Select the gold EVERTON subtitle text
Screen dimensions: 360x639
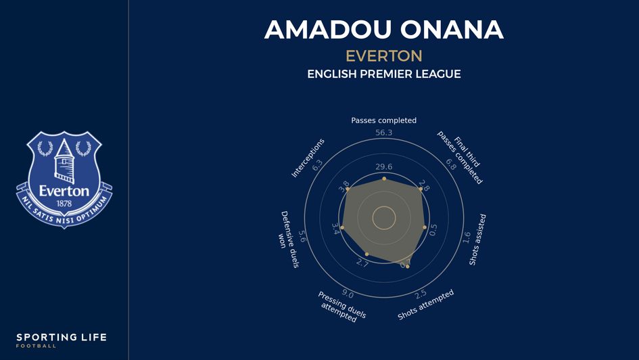tap(383, 55)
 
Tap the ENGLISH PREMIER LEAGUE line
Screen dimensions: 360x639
tap(383, 74)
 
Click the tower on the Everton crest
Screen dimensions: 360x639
tap(64, 157)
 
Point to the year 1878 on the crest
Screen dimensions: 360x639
tap(64, 203)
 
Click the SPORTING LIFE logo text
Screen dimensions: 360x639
tap(62, 337)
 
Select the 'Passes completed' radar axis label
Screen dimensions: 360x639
tap(383, 120)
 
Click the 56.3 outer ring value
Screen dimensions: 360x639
tap(383, 133)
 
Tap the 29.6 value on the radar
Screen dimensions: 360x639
tap(383, 167)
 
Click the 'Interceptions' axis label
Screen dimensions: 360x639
tap(308, 158)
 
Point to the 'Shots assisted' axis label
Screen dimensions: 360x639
tap(478, 240)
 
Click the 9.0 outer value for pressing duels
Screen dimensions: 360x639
tap(348, 294)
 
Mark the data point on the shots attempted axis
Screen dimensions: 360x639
tap(407, 267)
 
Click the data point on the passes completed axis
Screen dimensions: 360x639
tap(384, 179)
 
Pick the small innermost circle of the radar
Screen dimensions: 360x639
tap(384, 218)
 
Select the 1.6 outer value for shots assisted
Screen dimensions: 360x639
tap(466, 238)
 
